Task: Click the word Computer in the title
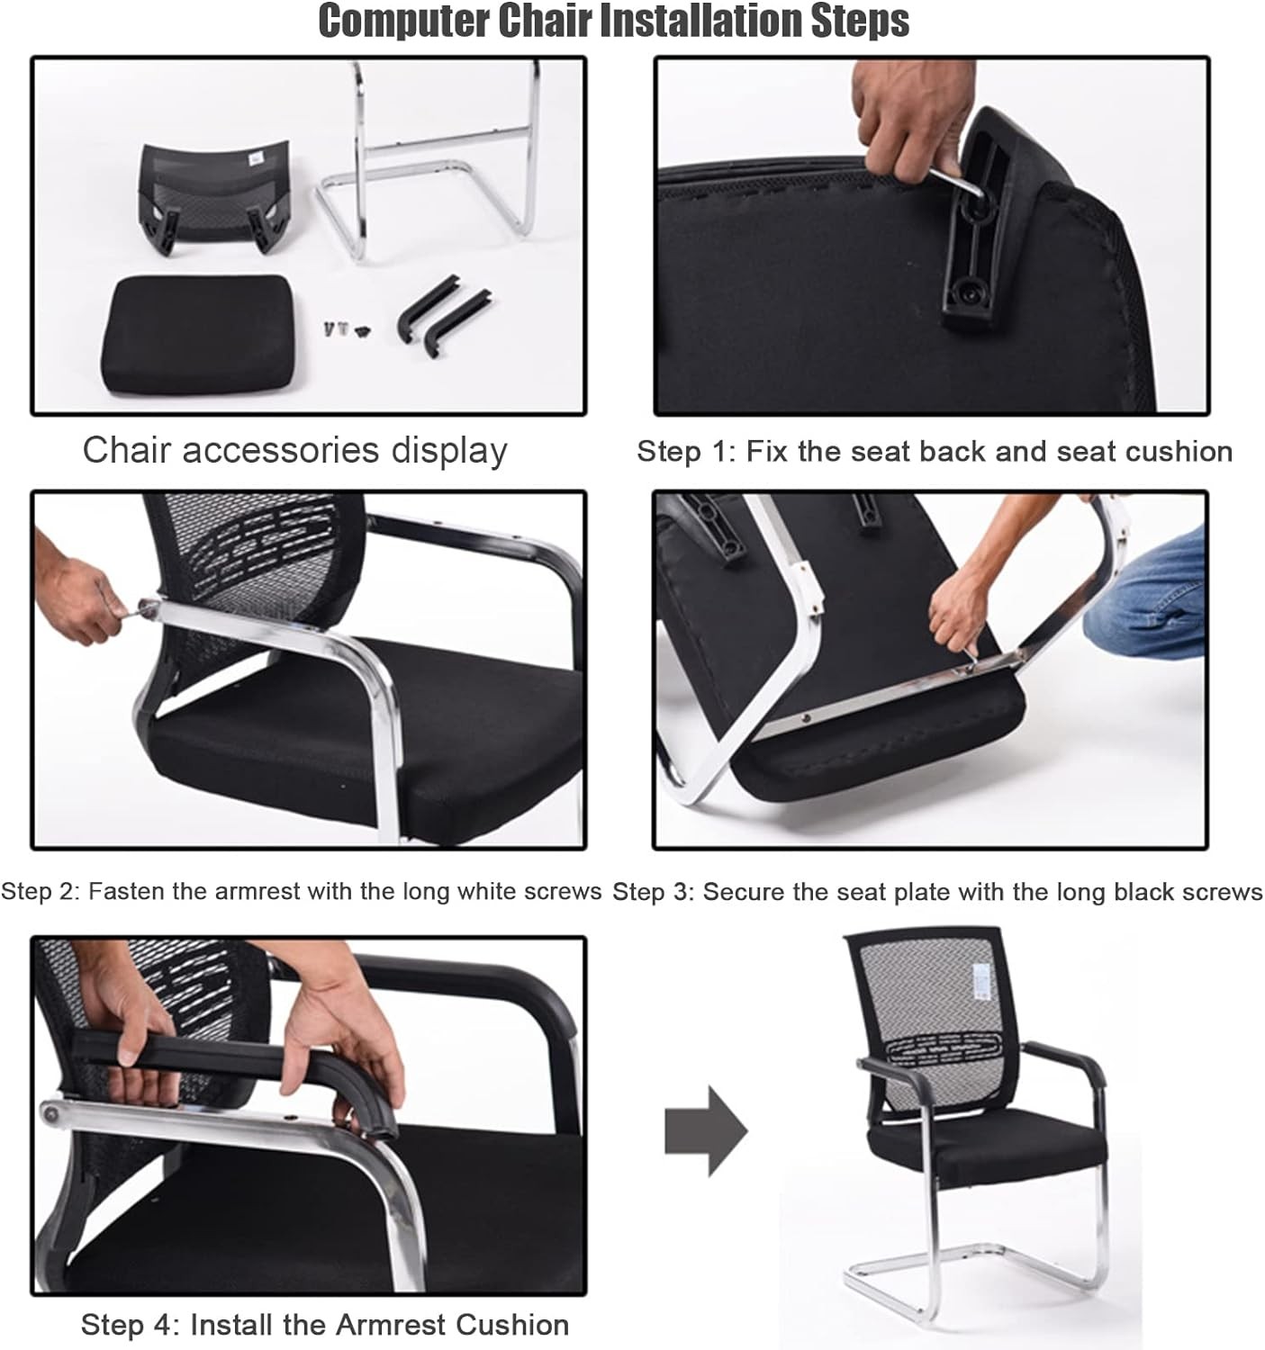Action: point(404,22)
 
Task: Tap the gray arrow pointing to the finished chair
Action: point(706,1132)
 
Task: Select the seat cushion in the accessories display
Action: point(199,334)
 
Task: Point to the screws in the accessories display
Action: point(346,330)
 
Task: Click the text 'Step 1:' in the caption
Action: point(685,452)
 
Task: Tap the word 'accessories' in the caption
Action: point(280,450)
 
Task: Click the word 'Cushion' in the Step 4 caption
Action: point(512,1325)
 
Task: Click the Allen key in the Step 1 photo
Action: point(955,182)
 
